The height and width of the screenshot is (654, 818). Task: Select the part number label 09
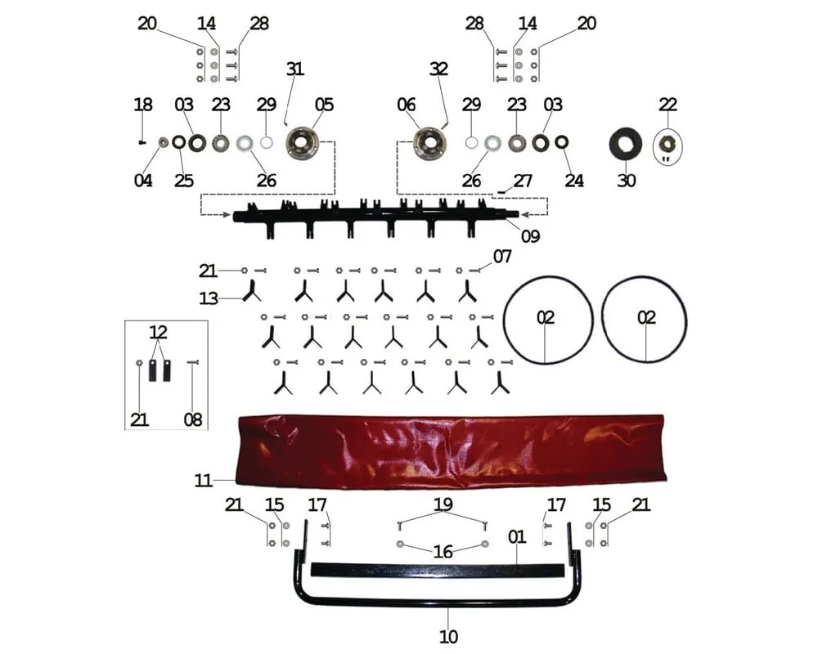(531, 237)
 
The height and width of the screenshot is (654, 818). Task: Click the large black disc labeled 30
(627, 146)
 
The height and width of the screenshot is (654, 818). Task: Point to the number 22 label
(668, 105)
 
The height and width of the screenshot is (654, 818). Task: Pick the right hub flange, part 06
(429, 143)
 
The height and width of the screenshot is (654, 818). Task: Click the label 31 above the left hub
(294, 69)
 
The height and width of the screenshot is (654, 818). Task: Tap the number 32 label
(439, 69)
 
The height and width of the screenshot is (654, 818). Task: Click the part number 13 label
(209, 298)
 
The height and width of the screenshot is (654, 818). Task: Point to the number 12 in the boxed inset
(158, 332)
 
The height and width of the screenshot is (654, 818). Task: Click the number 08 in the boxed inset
(192, 420)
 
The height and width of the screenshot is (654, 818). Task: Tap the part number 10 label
(449, 636)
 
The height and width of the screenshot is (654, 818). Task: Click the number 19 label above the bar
(443, 505)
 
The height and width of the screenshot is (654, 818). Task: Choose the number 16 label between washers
(443, 553)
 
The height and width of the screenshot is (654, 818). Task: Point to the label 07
(502, 257)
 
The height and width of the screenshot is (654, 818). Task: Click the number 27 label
(523, 180)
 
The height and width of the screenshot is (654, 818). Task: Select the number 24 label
(574, 181)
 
